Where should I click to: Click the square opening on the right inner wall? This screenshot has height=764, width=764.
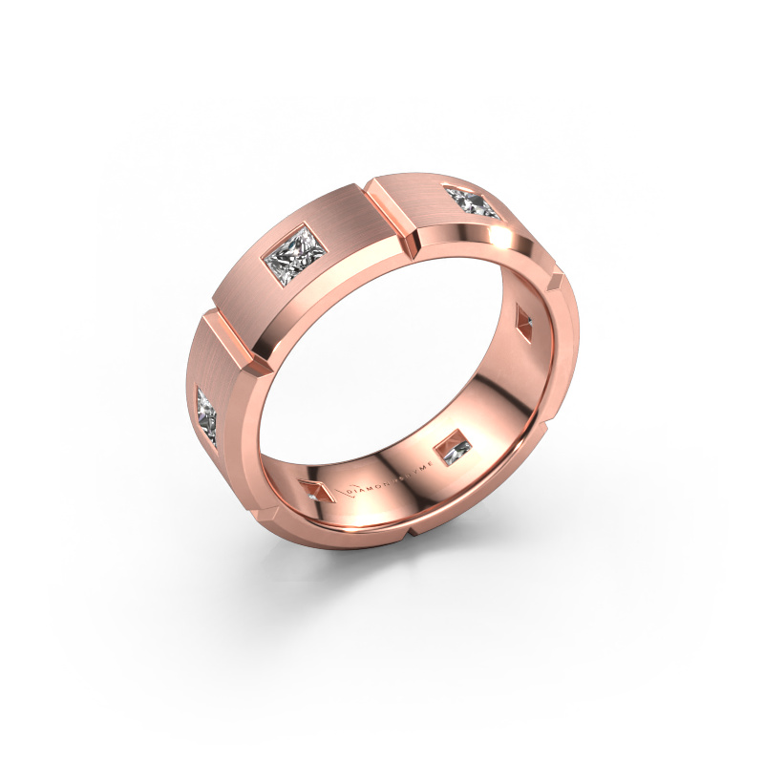(x=525, y=317)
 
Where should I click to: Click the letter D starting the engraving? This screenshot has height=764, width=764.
(x=360, y=489)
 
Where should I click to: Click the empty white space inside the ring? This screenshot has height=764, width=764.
(x=382, y=363)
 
